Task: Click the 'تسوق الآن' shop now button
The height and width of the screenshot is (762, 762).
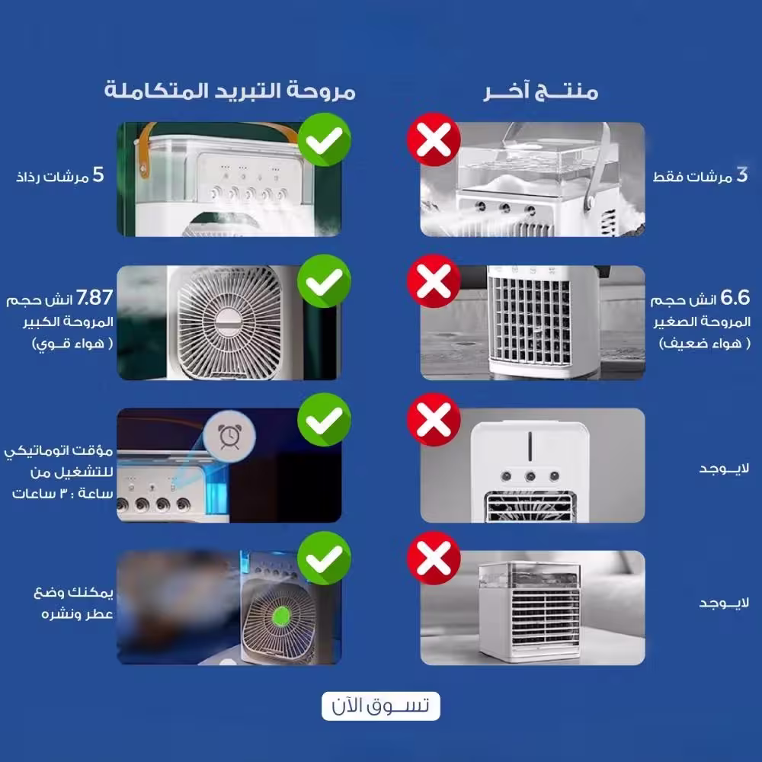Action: click(x=380, y=706)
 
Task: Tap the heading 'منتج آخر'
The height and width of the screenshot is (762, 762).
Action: click(x=540, y=91)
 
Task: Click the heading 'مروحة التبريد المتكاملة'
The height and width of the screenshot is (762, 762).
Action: click(x=230, y=91)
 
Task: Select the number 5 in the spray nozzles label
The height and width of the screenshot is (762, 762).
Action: click(x=98, y=174)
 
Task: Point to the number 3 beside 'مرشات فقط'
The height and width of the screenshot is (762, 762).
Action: click(x=741, y=174)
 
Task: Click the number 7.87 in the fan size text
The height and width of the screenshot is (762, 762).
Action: click(x=94, y=297)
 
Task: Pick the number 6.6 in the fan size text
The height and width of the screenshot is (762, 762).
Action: click(x=735, y=297)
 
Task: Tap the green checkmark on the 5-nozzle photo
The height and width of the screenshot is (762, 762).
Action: click(x=324, y=140)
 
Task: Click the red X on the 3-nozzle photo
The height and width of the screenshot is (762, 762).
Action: click(x=434, y=140)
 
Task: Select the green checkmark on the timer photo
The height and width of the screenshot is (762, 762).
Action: click(x=324, y=419)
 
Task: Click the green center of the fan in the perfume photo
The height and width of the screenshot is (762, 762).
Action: click(x=281, y=616)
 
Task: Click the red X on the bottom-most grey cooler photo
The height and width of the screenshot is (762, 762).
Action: click(x=434, y=558)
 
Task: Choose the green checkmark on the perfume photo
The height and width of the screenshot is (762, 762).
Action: click(x=324, y=558)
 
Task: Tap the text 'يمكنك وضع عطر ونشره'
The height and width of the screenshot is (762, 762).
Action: click(x=74, y=603)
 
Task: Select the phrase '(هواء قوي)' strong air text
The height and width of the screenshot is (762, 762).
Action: click(x=72, y=344)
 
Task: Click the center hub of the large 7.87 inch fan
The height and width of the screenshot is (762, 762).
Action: click(x=229, y=322)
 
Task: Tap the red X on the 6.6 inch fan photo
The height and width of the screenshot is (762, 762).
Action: click(x=434, y=281)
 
